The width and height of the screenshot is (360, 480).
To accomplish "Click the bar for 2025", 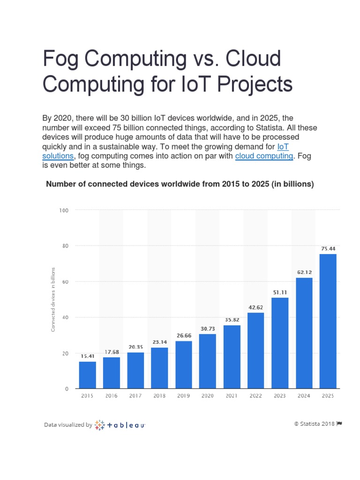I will point(328,321).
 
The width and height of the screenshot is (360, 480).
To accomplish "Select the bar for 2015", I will point(87,375).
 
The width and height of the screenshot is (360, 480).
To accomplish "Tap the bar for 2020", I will point(207,361).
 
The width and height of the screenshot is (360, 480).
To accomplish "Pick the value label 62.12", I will point(304,272).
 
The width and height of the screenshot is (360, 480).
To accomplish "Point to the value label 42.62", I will point(255,307).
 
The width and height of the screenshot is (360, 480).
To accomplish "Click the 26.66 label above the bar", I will point(183,335).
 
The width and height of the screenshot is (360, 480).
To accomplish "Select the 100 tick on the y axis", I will point(64,210).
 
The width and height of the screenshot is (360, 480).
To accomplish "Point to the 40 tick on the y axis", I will point(65,317).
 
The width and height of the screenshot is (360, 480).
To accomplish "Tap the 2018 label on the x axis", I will point(159,396).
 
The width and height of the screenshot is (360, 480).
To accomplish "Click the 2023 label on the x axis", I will point(280,396).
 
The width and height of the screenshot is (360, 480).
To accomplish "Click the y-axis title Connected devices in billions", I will point(53,299).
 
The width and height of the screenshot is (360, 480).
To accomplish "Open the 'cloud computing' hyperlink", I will point(263,156).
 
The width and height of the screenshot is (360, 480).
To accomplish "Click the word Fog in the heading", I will point(60,60).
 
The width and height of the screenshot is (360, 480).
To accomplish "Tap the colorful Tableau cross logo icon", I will point(99,425).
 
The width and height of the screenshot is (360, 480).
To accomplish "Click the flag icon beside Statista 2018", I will point(339,424).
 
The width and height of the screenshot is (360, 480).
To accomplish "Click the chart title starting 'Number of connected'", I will point(180,184).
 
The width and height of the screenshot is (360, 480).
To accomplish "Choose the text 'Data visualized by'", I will point(68,425).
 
